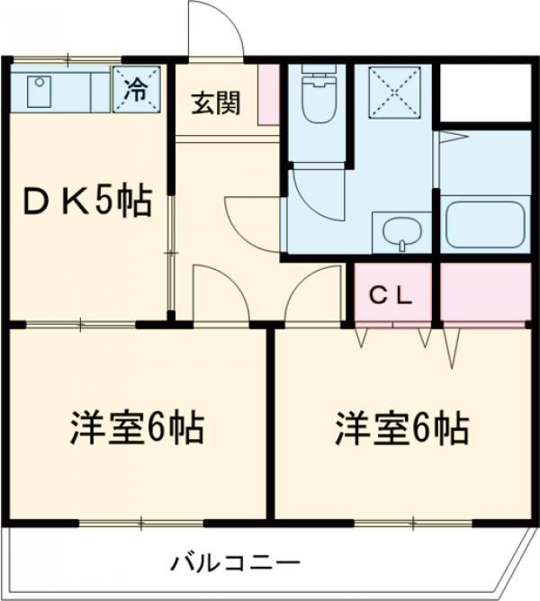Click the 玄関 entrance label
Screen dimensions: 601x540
(x=216, y=103)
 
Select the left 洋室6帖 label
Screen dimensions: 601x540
(x=137, y=429)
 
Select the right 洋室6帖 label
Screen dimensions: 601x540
(x=402, y=429)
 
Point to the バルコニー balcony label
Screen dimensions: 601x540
(x=236, y=564)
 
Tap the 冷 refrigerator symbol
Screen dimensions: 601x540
(x=137, y=89)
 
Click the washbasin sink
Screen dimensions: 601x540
(x=401, y=234)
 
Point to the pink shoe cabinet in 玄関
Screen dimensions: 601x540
(x=268, y=94)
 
